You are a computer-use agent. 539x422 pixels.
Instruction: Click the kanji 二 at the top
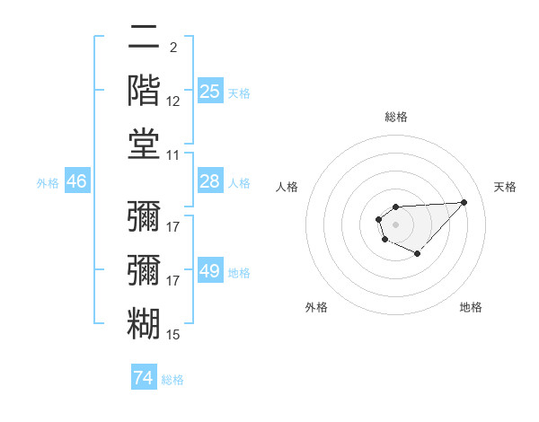[145, 39]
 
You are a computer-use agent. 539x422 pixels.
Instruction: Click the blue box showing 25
[209, 92]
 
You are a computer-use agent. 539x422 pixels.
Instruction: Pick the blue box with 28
[209, 181]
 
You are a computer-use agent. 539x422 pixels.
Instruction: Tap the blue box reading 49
[209, 271]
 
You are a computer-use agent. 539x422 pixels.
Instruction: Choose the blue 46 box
[77, 181]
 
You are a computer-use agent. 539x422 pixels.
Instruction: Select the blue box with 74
[144, 378]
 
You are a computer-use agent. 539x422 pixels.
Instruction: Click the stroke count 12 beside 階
[173, 102]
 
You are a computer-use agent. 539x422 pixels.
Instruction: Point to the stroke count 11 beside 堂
[173, 155]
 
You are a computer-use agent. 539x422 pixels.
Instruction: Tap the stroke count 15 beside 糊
[173, 335]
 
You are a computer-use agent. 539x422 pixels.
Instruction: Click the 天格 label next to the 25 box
[239, 92]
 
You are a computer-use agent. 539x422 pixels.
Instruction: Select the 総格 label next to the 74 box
[172, 380]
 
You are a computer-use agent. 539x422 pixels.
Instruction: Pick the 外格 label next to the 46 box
[48, 183]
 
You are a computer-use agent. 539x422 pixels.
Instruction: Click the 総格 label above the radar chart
[395, 117]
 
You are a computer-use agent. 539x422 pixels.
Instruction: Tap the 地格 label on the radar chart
[471, 307]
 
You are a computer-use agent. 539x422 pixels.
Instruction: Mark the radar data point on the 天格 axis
[464, 202]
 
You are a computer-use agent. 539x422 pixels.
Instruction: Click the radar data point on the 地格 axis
[418, 254]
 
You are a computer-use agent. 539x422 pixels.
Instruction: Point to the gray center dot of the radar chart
[395, 224]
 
